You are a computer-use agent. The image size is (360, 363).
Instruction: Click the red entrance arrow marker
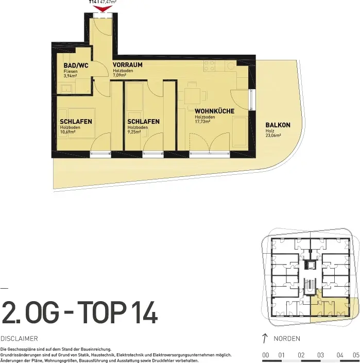tap(102, 9)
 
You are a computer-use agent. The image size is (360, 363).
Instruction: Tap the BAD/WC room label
tap(76, 65)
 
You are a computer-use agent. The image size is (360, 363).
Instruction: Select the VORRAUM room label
tap(127, 64)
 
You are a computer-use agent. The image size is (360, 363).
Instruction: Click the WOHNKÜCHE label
tap(214, 111)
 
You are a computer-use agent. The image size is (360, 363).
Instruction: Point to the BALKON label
tap(278, 125)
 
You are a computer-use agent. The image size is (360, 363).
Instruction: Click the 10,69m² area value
tap(68, 132)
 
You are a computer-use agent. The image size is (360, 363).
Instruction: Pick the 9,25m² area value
tap(134, 132)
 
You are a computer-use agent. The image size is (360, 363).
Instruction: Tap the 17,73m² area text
tap(202, 121)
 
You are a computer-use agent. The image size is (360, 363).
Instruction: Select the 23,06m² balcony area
tap(273, 136)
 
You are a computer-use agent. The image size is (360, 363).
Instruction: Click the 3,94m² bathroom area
tap(70, 76)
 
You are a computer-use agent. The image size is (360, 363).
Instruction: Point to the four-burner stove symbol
tap(209, 66)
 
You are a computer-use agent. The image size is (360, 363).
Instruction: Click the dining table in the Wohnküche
tap(192, 96)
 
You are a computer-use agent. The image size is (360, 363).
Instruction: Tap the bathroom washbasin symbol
tap(66, 89)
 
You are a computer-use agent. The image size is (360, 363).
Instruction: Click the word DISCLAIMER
tap(19, 338)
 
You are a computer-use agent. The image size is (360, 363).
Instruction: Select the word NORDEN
tap(287, 338)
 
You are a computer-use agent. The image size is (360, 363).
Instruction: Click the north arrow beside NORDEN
tap(265, 338)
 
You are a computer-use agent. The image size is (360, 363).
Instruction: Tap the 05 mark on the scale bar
tap(356, 355)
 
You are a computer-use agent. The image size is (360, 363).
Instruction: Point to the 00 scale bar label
tap(266, 355)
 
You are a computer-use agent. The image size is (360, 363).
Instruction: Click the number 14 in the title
tap(145, 312)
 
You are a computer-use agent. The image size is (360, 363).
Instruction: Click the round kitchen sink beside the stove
tap(231, 66)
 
